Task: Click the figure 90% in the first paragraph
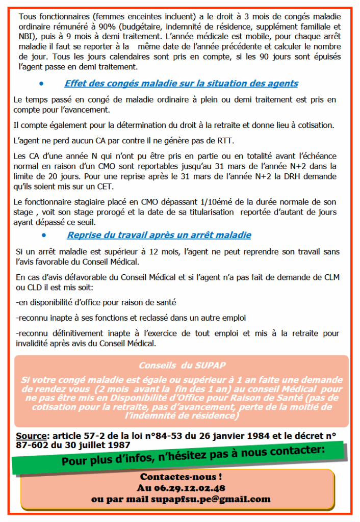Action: click(x=130, y=27)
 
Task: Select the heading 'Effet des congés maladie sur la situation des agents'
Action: click(x=181, y=84)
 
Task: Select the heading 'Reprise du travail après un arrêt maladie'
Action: click(x=159, y=236)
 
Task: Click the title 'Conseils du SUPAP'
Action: click(x=182, y=366)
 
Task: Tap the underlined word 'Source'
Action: click(x=32, y=436)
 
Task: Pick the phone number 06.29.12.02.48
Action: click(x=181, y=489)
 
